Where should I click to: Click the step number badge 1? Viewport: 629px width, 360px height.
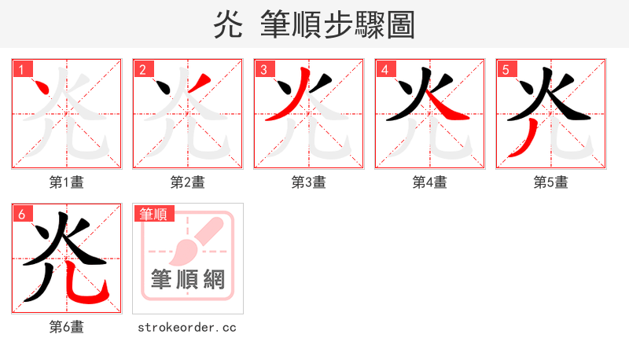tap(22, 70)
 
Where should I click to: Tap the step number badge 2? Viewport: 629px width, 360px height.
tap(143, 70)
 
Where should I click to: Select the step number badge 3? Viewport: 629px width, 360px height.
tap(264, 70)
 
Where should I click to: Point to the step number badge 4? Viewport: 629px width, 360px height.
tap(385, 70)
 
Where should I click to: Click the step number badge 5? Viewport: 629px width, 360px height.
tap(506, 70)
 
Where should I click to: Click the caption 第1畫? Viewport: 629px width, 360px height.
tap(67, 182)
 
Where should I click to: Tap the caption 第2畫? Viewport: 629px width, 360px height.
tap(188, 182)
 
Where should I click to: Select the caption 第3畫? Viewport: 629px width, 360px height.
tap(309, 182)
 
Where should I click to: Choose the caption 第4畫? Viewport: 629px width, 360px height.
tap(430, 182)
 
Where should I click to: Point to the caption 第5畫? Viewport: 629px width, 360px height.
tap(551, 182)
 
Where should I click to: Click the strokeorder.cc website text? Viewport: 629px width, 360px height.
tap(187, 327)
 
